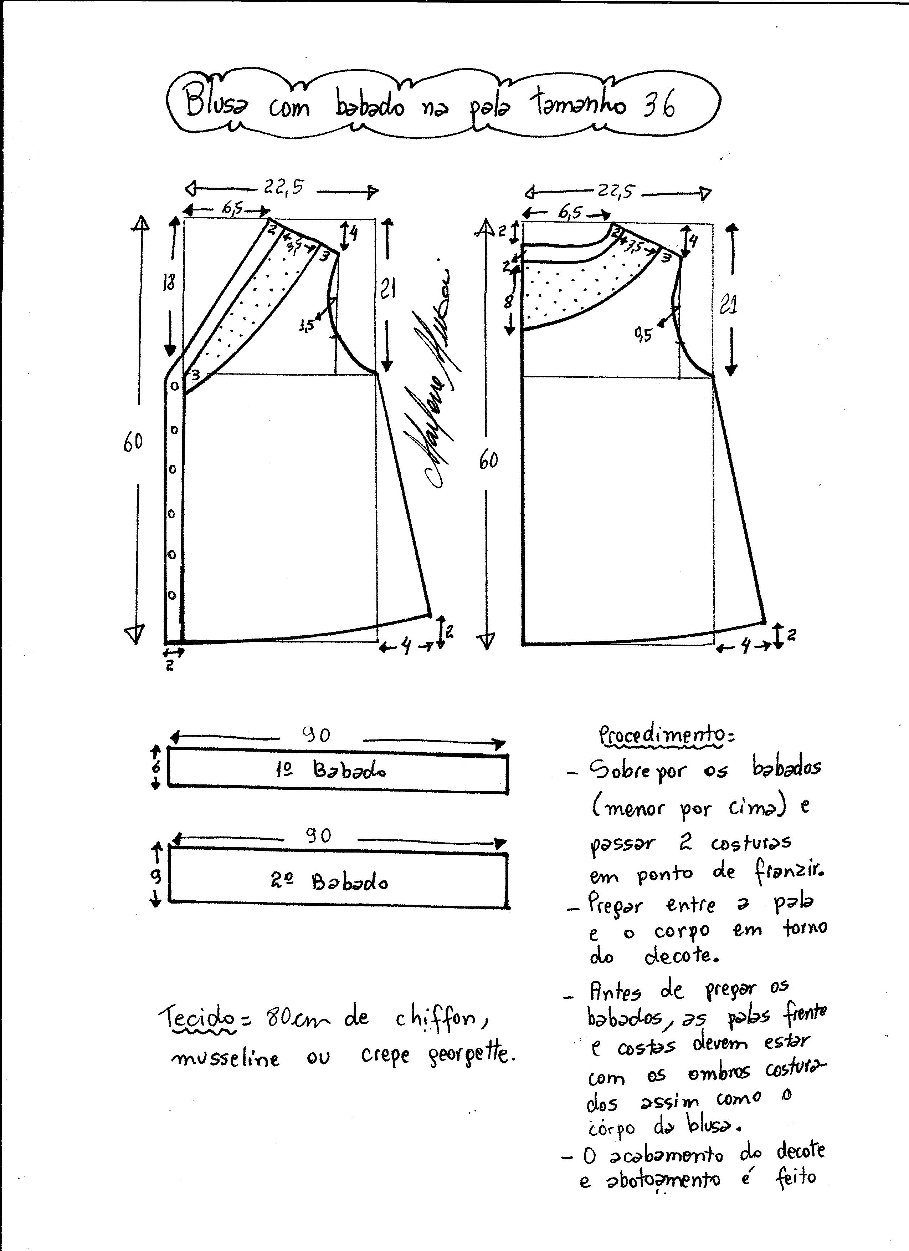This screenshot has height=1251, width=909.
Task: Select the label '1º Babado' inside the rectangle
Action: pyautogui.click(x=331, y=769)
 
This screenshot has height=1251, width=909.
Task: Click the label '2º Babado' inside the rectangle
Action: pyautogui.click(x=329, y=882)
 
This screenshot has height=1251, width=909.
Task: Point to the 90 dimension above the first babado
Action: pyautogui.click(x=316, y=735)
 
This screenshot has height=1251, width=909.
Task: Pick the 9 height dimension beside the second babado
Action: pyautogui.click(x=156, y=875)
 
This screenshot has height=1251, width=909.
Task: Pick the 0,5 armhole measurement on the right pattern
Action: pyautogui.click(x=643, y=334)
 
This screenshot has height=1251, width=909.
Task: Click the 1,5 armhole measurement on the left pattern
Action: pyautogui.click(x=307, y=325)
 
